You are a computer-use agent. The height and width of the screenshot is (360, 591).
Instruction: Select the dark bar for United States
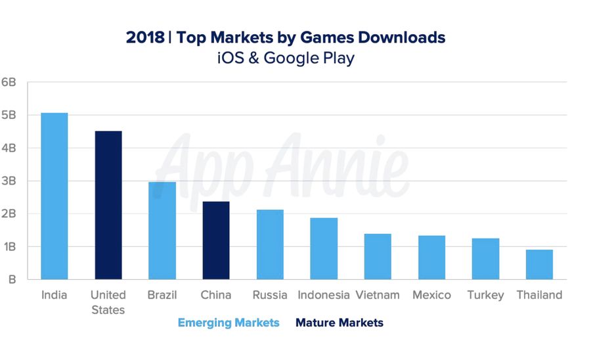coord(108,205)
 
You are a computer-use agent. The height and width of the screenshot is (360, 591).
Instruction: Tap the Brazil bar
coord(162,231)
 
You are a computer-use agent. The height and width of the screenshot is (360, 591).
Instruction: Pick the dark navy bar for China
coord(216,240)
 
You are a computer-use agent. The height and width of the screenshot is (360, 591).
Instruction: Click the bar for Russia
coord(270,244)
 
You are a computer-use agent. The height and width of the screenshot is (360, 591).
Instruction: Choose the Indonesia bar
coord(324,248)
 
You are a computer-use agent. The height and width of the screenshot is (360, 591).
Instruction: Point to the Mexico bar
coord(431,258)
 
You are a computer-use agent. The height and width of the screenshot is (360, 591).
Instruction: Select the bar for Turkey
coord(485,259)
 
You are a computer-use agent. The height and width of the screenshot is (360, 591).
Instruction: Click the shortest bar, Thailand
coord(539,264)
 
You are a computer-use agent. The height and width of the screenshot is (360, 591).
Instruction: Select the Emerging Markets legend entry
coord(229,323)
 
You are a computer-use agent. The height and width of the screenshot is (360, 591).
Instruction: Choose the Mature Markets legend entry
coord(339,323)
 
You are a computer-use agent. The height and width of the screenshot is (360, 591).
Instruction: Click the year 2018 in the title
coord(145,37)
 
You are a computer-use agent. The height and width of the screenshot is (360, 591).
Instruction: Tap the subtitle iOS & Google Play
coord(286,58)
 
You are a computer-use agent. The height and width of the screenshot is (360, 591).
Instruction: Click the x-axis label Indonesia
coord(324,295)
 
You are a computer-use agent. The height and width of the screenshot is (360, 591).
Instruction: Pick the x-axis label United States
coord(108,302)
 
